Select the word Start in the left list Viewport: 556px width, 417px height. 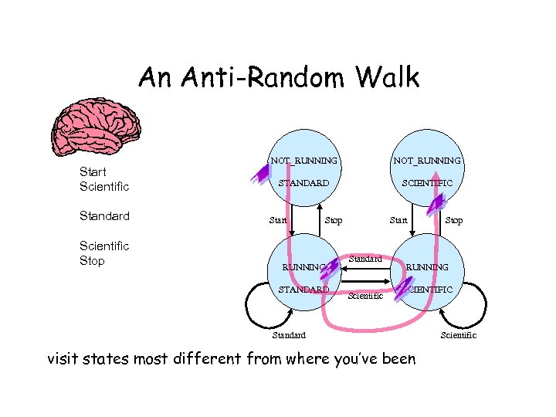click(x=93, y=171)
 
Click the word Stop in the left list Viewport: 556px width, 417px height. click(x=92, y=261)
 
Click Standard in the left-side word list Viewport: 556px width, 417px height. click(x=104, y=216)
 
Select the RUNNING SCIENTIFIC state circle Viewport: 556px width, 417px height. click(x=427, y=274)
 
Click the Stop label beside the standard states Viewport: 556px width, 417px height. click(x=333, y=221)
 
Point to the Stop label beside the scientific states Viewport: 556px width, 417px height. click(x=454, y=221)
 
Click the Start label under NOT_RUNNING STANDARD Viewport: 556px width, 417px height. click(x=278, y=221)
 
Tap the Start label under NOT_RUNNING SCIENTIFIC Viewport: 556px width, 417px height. click(x=398, y=221)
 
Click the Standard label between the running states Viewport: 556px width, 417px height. click(x=365, y=259)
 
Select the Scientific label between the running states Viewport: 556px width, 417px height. click(x=365, y=295)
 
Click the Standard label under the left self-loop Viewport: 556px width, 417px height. click(x=289, y=335)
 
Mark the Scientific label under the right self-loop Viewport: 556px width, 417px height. click(x=458, y=335)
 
